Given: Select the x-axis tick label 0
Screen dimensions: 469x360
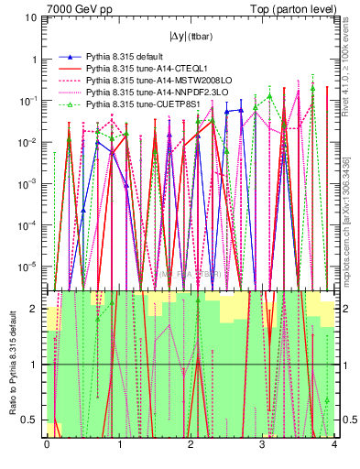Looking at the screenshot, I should click(47, 445).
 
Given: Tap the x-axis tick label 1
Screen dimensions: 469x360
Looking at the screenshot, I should click(119, 445).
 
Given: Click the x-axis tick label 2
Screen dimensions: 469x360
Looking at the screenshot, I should click(191, 445).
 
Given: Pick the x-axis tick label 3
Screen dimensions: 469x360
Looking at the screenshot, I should click(263, 445).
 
